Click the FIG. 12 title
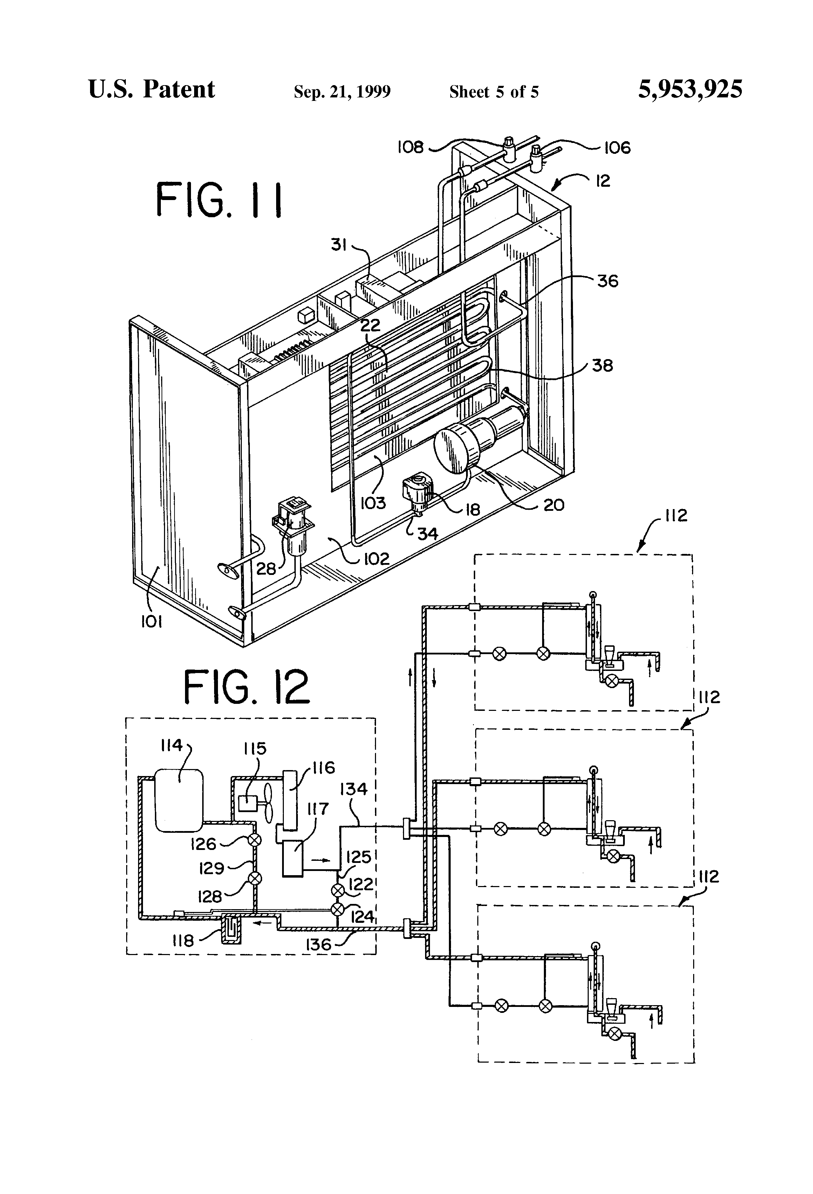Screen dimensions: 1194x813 click(x=247, y=687)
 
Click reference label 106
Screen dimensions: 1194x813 click(x=617, y=148)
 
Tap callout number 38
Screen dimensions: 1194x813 click(x=602, y=366)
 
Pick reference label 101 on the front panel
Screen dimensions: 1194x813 click(x=152, y=622)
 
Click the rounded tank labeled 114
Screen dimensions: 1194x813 click(x=179, y=800)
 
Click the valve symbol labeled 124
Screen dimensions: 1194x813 click(x=337, y=910)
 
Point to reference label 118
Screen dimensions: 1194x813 click(x=183, y=941)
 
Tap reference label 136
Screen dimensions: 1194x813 click(x=318, y=944)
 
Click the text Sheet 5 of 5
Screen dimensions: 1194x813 click(x=494, y=92)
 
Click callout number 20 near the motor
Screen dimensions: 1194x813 click(x=553, y=505)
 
